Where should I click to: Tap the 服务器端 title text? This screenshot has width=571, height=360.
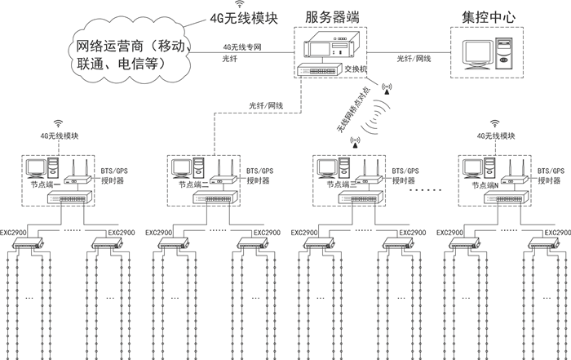(x=334, y=15)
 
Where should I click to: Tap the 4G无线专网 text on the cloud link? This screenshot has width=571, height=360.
(x=244, y=47)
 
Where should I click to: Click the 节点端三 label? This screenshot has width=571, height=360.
(x=330, y=185)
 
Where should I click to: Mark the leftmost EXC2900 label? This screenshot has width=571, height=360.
(x=14, y=232)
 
